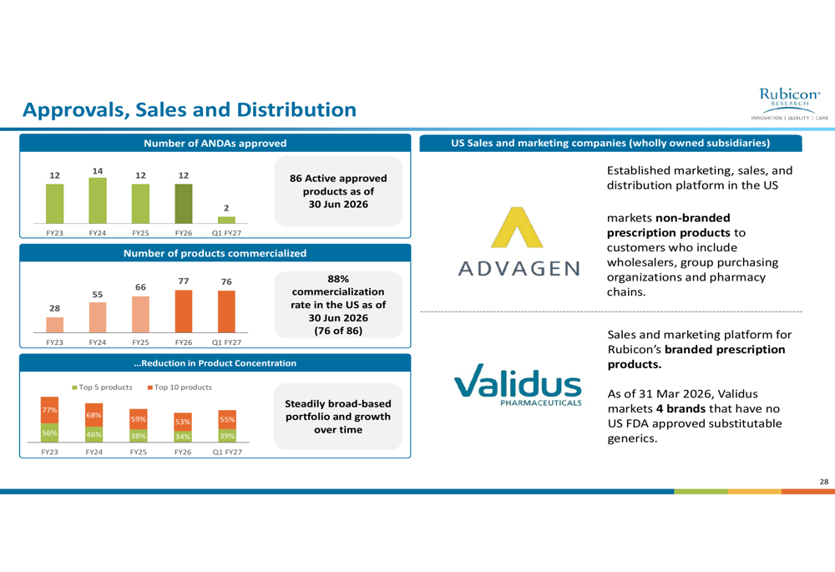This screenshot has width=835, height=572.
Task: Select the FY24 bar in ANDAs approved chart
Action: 98,200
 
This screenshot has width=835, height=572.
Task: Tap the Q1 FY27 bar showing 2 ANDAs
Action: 226,220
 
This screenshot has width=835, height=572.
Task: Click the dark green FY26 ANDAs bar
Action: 184,204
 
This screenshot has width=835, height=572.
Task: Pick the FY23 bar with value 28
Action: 55,324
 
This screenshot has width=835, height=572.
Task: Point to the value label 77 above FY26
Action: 183,281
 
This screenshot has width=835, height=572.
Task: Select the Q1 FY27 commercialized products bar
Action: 226,311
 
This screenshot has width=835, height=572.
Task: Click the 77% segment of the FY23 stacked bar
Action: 49,410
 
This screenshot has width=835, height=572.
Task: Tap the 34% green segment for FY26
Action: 183,436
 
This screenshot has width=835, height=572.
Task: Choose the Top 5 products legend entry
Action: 102,387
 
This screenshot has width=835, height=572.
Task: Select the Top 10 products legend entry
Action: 180,387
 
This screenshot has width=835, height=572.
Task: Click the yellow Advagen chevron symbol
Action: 517,227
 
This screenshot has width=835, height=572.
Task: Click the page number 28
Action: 824,482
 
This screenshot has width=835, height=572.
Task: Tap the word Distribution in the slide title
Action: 296,109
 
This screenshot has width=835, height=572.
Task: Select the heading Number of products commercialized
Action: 215,253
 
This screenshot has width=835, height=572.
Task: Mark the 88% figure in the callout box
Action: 338,279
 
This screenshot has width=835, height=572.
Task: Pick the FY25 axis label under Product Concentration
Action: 139,452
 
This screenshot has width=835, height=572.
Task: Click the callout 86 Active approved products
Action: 338,191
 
